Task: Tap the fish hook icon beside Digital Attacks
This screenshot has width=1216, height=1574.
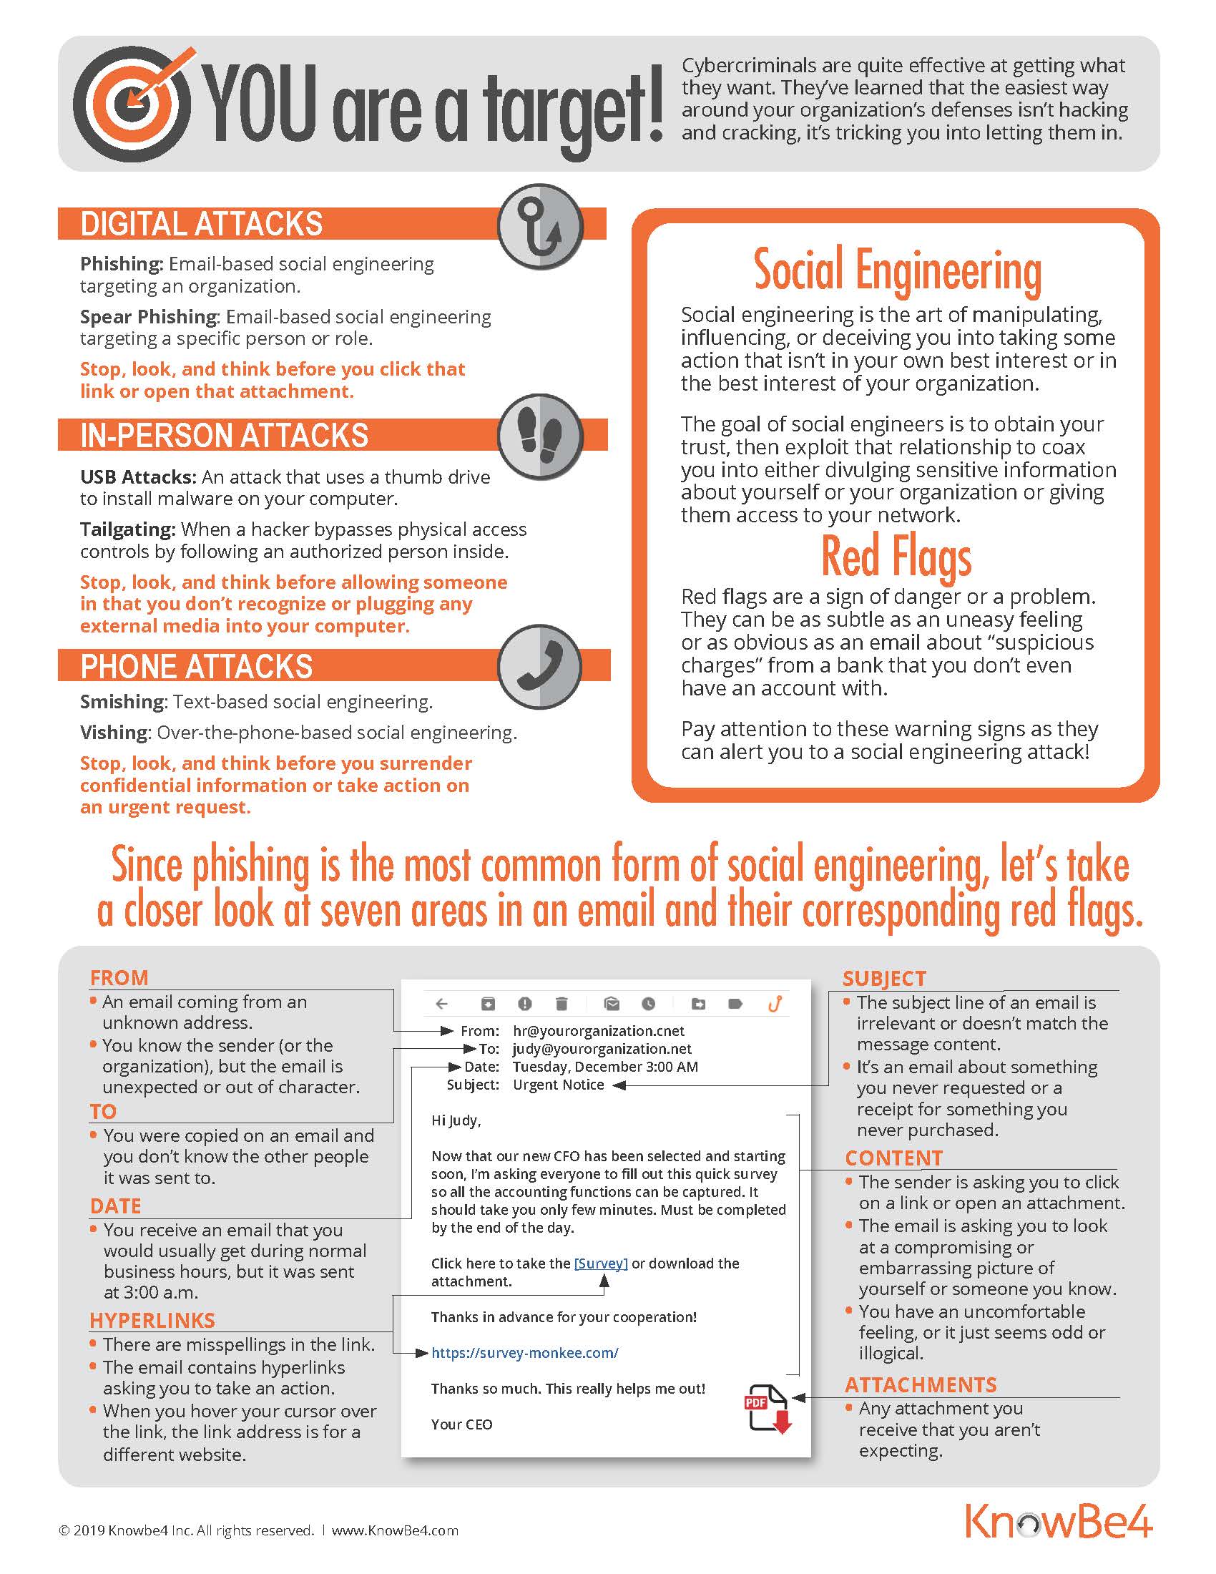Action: [540, 226]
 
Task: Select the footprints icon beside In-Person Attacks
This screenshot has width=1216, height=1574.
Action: [540, 436]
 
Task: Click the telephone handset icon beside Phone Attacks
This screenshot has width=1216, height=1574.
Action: [540, 667]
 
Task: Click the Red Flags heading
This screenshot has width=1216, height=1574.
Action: [896, 557]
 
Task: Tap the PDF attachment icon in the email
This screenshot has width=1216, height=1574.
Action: [768, 1407]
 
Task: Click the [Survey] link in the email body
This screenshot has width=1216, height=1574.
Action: [601, 1263]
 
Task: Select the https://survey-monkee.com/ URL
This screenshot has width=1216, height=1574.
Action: [524, 1353]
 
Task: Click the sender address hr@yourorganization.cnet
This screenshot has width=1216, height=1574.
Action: [599, 1030]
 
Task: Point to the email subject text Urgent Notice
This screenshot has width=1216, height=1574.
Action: [559, 1085]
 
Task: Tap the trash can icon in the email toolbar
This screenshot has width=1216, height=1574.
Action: [562, 1003]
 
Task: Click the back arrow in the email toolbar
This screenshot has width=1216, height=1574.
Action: [442, 1003]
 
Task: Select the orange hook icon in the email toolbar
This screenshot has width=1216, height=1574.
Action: [775, 1003]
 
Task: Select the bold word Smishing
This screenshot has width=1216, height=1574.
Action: [122, 701]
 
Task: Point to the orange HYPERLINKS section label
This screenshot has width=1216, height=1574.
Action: [152, 1320]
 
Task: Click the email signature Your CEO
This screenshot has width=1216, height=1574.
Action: [462, 1424]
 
